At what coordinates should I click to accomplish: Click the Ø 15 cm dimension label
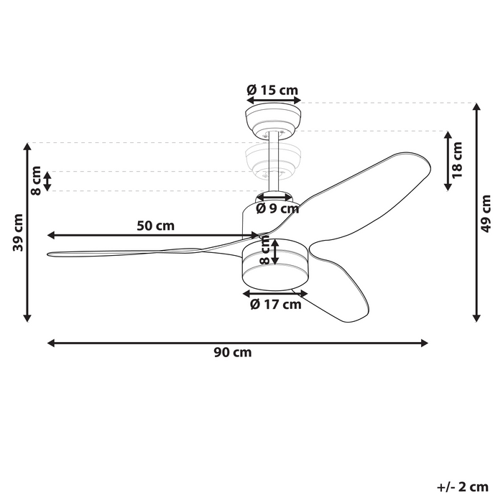272,90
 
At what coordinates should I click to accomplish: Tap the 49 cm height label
486,214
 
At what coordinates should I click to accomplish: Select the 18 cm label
458,160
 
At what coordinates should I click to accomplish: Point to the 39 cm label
17,232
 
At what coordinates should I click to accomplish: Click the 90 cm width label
233,353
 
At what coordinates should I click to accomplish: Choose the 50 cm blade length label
156,225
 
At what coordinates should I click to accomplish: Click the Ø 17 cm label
275,304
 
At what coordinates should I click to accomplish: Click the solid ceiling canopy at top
273,119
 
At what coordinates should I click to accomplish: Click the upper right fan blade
374,176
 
